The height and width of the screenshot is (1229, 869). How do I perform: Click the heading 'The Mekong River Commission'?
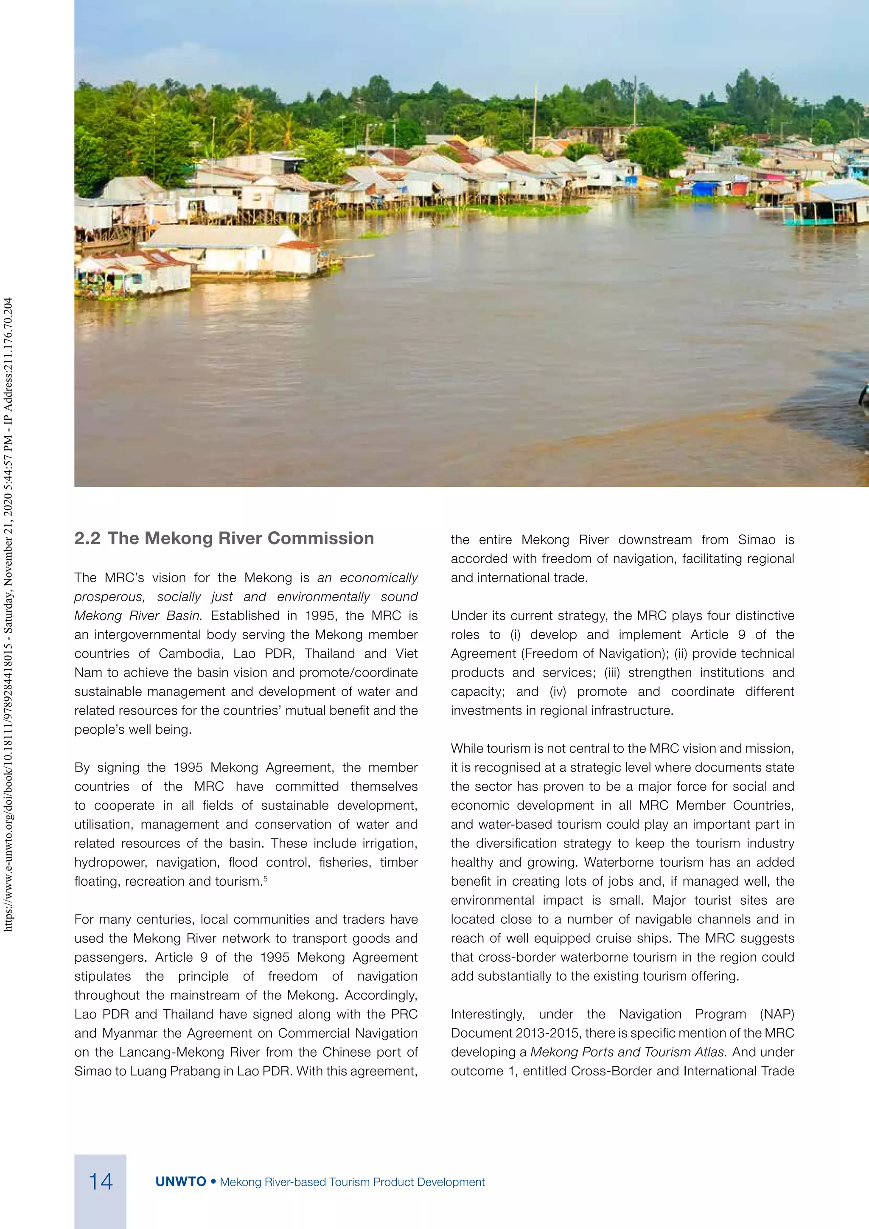point(240,539)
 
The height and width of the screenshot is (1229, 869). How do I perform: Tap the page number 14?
point(100,1181)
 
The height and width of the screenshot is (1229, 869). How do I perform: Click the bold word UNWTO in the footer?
point(180,1182)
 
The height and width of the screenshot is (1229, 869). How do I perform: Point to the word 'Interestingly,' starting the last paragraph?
point(488,1014)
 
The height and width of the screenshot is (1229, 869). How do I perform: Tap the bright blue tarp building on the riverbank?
point(705,188)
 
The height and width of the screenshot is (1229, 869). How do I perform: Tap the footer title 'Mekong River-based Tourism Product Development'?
point(352,1182)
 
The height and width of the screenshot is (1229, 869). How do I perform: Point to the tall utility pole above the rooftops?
point(635,102)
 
